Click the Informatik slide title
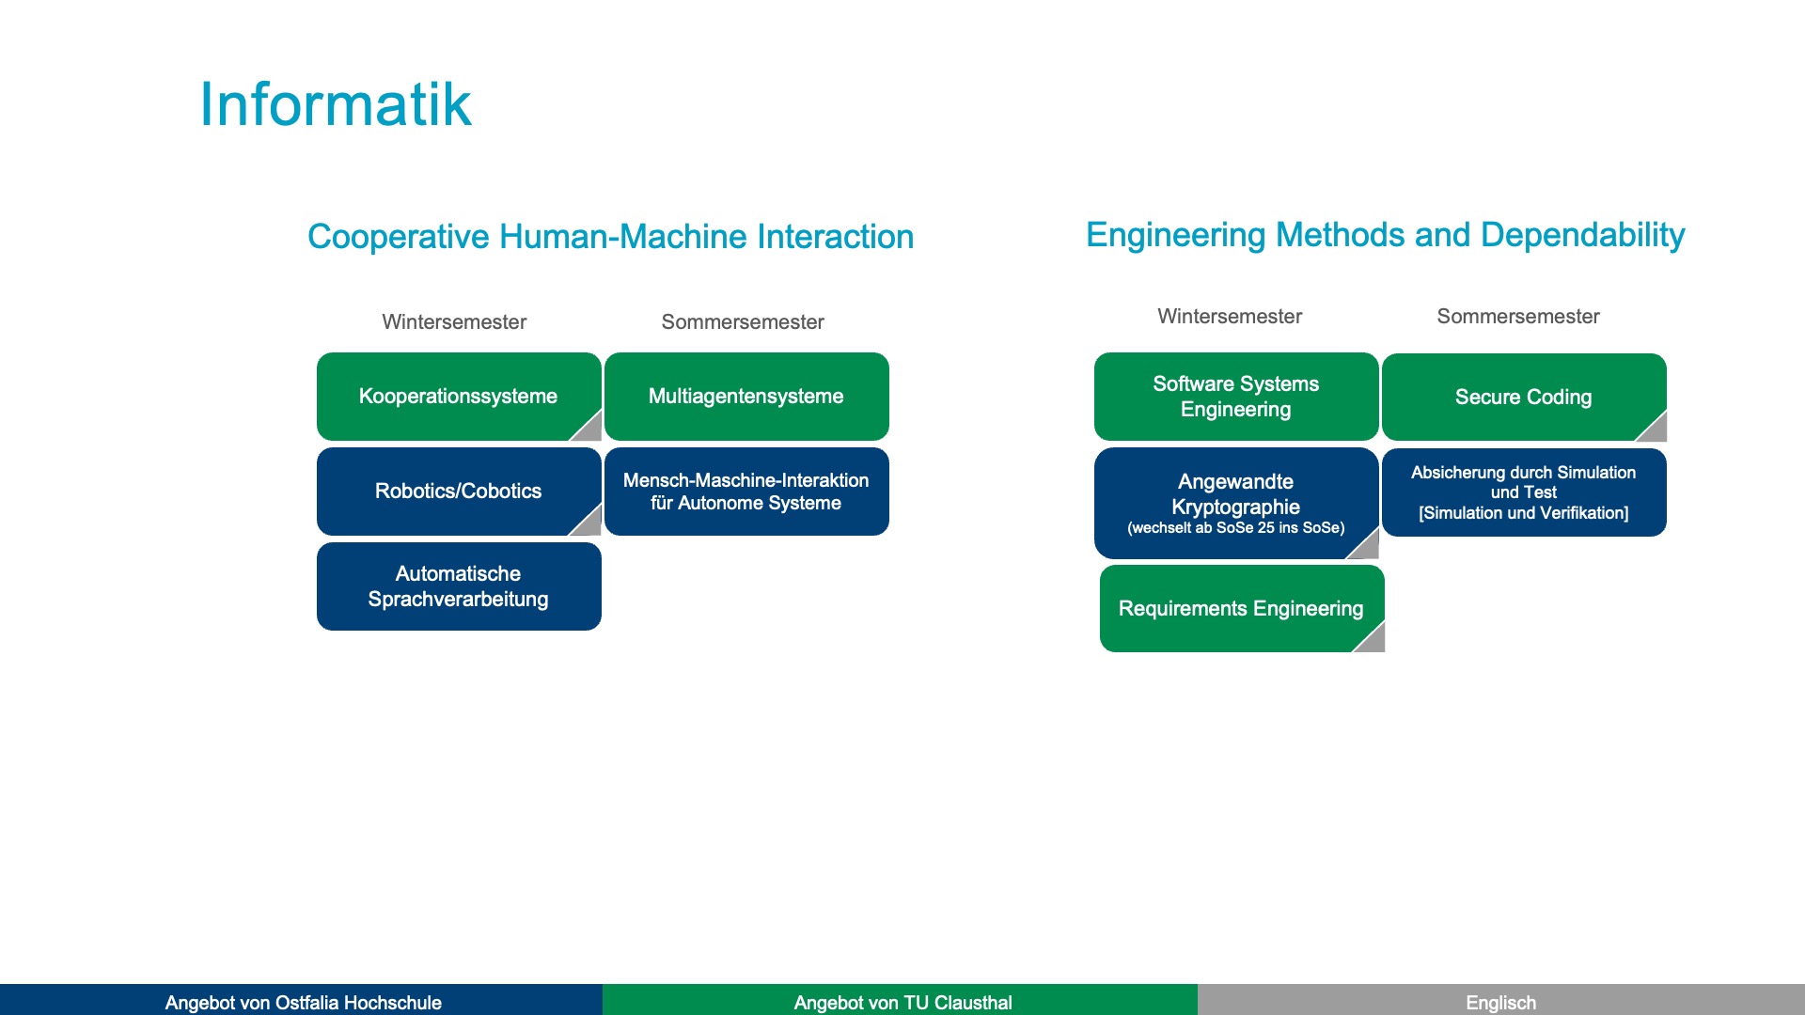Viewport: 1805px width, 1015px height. (335, 104)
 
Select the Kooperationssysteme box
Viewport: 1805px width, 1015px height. (458, 396)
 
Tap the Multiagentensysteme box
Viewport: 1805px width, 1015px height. (746, 396)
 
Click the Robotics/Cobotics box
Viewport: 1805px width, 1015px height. (458, 491)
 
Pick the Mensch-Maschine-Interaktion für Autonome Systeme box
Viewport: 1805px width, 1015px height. (746, 491)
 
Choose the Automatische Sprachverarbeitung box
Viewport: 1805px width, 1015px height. (458, 586)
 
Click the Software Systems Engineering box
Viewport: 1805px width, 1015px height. (1235, 396)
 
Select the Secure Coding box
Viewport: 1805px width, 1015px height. (1523, 397)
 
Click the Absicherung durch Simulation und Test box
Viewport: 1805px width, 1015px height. (1523, 492)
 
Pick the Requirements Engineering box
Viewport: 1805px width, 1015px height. (1240, 608)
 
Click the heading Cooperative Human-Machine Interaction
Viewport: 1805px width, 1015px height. (610, 236)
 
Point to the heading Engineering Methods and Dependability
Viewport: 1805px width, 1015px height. (1385, 234)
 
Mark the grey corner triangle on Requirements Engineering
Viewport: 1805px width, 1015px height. (1373, 640)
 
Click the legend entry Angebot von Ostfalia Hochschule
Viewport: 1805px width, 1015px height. (303, 1002)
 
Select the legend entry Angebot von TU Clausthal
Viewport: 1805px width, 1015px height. (902, 1002)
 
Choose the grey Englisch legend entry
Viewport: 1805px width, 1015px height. (1500, 1002)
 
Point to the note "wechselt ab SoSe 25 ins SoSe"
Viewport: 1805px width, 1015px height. (1235, 528)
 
